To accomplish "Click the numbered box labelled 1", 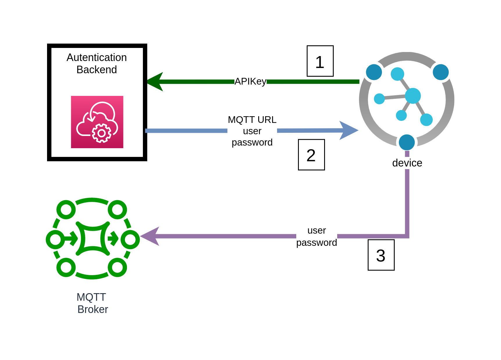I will [320, 61].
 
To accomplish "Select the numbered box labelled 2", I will [311, 155].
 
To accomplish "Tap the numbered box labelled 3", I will [381, 255].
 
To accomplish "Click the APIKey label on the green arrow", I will [250, 81].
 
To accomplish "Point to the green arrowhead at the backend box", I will [155, 82].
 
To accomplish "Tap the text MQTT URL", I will [252, 119].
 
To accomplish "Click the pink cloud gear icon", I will [97, 122].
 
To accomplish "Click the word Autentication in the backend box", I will [96, 57].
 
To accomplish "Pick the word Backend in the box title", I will [96, 70].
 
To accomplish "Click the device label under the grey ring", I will [407, 163].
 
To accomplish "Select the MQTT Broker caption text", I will [92, 303].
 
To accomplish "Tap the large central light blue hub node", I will [413, 96].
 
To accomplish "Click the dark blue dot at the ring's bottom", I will [407, 142].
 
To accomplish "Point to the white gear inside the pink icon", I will [101, 133].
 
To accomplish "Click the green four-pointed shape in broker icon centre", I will [93, 239].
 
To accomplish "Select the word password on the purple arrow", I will [316, 242].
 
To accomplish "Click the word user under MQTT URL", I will [252, 131].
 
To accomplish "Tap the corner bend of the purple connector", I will [407, 236].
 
